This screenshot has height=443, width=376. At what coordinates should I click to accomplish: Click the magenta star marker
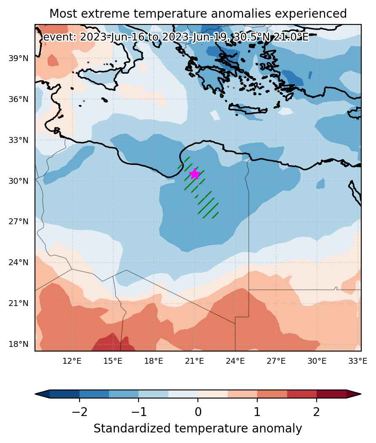(x=195, y=174)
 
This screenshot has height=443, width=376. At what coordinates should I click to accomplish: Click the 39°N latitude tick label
(x=19, y=59)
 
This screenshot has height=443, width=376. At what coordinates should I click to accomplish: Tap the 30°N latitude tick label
(x=19, y=181)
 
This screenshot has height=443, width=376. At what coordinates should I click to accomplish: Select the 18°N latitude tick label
(x=19, y=344)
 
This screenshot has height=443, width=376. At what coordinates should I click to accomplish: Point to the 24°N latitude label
(x=19, y=263)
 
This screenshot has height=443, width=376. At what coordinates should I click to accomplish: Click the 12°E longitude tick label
(x=72, y=361)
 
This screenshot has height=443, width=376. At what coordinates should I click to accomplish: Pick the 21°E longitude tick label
(x=195, y=361)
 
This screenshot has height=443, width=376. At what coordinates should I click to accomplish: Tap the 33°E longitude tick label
(x=357, y=361)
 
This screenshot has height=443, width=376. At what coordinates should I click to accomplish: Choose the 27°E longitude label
(x=276, y=361)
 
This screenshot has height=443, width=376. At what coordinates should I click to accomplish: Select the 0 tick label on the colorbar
(x=198, y=412)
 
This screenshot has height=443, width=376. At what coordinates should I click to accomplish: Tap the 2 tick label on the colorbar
(x=317, y=412)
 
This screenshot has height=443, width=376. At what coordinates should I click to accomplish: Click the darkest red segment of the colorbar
(x=331, y=394)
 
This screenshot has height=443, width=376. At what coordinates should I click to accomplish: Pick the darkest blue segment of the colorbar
(x=65, y=394)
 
